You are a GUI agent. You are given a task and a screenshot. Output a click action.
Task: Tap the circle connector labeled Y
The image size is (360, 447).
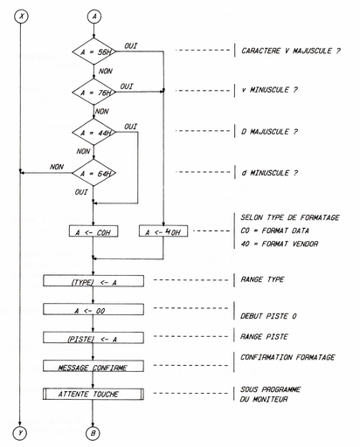(20, 431)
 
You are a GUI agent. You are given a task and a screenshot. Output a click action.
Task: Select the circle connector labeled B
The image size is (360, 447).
(93, 431)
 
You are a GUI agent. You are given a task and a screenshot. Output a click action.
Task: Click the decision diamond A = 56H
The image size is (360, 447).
(93, 52)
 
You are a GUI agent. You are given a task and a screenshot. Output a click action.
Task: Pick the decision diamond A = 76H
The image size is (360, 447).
(93, 92)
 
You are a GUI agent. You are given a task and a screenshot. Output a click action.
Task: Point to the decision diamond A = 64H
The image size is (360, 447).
(93, 172)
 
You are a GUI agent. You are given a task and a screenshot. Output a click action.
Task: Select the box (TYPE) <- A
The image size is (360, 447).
(93, 281)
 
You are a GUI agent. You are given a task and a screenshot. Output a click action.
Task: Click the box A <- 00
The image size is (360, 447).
(93, 309)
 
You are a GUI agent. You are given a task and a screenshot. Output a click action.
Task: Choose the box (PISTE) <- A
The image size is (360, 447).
(93, 338)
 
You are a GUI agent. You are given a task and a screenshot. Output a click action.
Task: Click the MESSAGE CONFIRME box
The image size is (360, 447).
(93, 367)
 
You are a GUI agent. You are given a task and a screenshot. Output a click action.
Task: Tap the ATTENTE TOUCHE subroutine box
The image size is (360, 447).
(93, 395)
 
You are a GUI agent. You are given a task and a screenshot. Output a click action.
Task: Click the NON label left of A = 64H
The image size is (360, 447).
(58, 165)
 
